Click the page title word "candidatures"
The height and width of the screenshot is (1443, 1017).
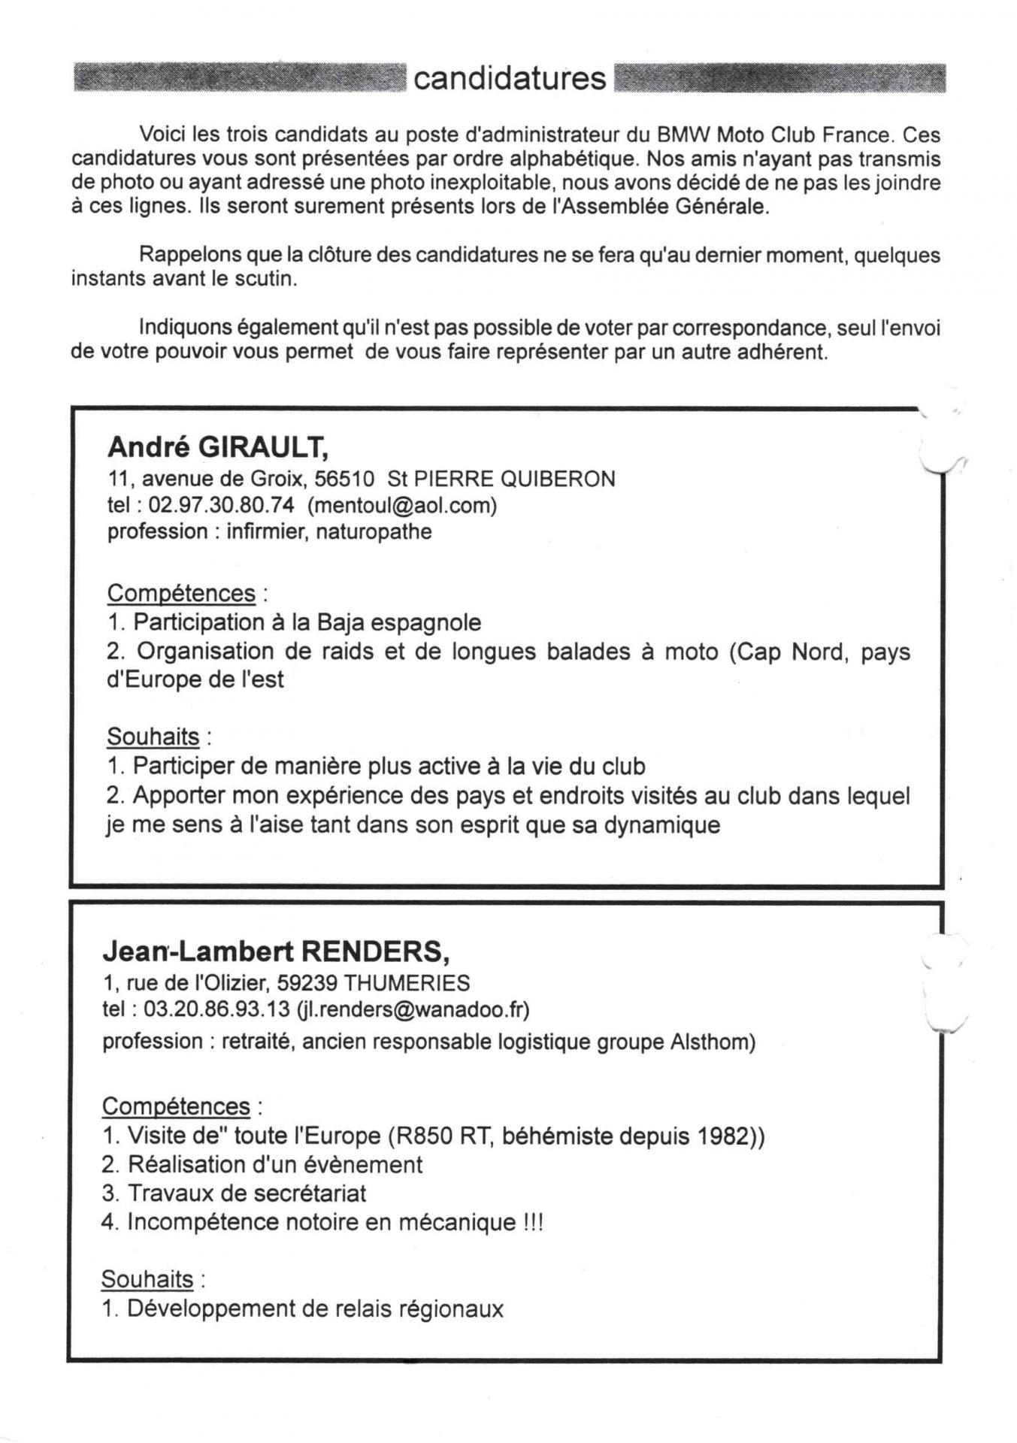pos(510,78)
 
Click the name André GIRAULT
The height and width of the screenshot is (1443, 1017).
pos(217,447)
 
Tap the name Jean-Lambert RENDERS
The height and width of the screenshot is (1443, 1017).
pos(275,951)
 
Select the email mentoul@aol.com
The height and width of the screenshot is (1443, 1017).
pos(402,505)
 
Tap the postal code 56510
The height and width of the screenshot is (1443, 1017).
pos(344,479)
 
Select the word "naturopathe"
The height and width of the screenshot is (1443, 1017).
pos(374,531)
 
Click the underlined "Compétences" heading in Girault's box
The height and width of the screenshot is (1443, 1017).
pos(181,593)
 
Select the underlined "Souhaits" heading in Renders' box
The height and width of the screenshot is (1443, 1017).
pos(147,1279)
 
